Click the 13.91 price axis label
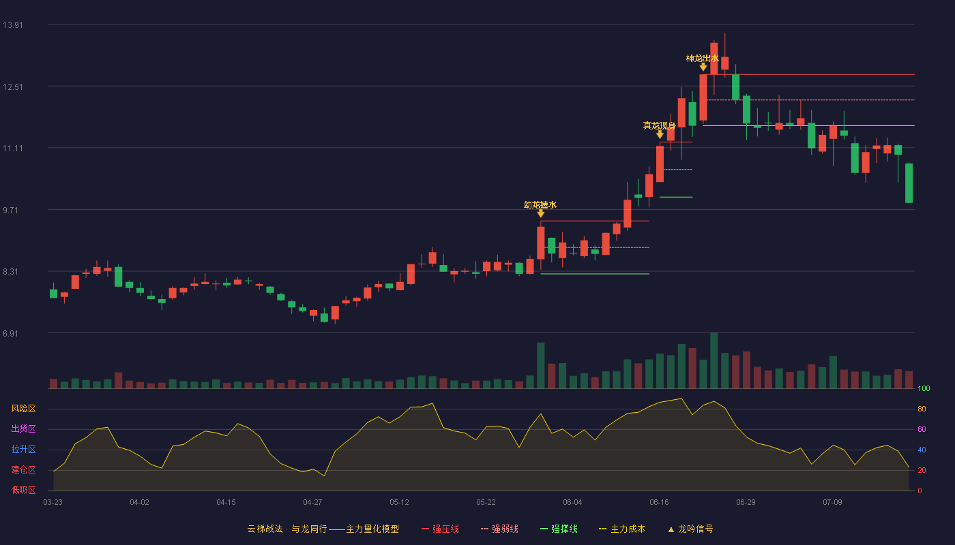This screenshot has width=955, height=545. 13,25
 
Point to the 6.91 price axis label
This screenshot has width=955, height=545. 11,333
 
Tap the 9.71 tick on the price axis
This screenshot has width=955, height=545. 11,211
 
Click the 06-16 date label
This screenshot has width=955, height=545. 659,503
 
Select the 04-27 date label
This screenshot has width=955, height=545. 312,503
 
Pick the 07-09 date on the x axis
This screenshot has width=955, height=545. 833,503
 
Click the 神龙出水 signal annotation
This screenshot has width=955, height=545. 703,59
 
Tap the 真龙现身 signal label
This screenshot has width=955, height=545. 660,125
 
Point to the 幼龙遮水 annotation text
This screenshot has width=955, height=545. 540,205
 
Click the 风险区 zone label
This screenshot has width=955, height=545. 23,409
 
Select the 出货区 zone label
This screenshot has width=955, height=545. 23,429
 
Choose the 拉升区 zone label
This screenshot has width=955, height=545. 23,449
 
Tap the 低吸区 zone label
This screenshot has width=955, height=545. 23,490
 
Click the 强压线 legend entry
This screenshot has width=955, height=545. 440,529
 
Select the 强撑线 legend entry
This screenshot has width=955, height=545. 559,529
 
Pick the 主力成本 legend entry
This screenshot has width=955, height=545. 622,529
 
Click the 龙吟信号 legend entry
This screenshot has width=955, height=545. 690,529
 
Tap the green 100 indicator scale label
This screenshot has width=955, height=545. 924,388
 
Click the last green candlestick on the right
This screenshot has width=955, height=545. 909,183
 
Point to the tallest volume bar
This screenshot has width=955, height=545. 714,360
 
